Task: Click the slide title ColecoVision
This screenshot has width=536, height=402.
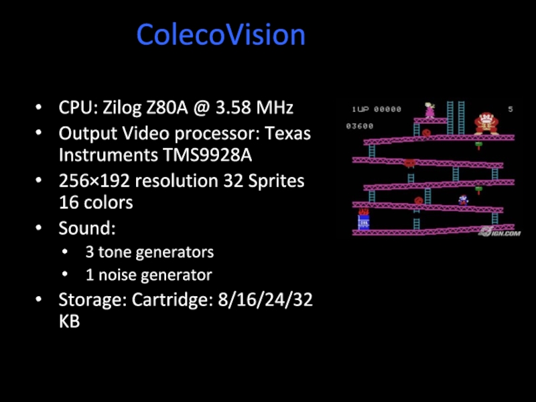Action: [221, 35]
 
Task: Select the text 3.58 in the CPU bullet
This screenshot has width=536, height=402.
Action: [234, 107]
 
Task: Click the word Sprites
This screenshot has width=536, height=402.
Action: [273, 180]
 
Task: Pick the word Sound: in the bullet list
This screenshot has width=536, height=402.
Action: [87, 228]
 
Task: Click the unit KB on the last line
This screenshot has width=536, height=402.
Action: [69, 321]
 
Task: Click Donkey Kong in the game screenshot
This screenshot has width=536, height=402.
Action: [486, 123]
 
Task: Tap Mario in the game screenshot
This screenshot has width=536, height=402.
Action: [462, 199]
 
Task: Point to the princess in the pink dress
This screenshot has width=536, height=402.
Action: [429, 110]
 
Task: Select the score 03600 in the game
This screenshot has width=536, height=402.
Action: [360, 126]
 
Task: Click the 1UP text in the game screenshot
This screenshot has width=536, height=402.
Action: [360, 109]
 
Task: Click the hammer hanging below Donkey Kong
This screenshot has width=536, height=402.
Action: [478, 145]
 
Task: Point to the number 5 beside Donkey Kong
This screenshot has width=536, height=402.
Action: [511, 109]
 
